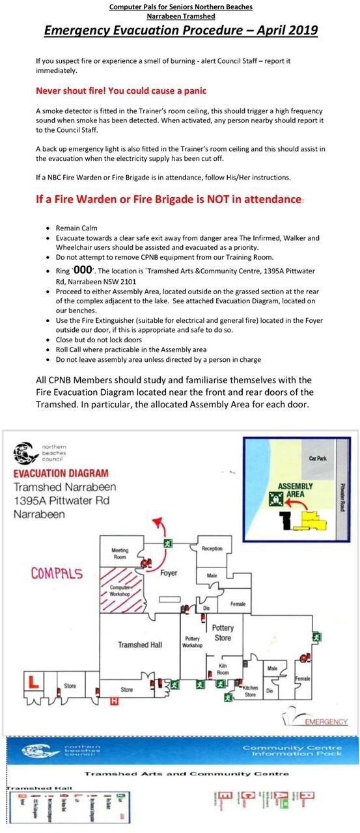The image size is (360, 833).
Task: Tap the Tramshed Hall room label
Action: point(139,645)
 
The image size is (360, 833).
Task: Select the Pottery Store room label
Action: point(223,633)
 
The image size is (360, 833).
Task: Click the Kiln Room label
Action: point(223,670)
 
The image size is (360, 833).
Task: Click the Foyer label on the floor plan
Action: point(169,573)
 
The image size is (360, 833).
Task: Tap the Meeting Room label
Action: point(120,553)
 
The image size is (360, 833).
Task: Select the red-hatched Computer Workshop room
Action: point(120,590)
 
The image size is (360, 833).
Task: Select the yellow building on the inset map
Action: point(309,519)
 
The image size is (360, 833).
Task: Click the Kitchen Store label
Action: point(251,691)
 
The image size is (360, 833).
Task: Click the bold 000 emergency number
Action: point(83,269)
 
